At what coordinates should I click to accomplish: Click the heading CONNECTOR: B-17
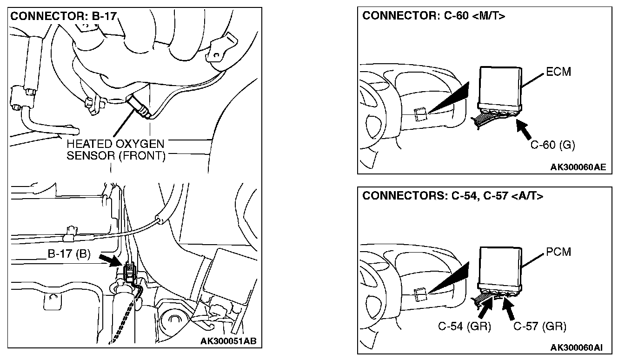pyautogui.click(x=63, y=16)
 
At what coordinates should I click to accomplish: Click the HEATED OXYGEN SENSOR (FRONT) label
pyautogui.click(x=116, y=149)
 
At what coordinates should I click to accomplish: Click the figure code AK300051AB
pyautogui.click(x=228, y=341)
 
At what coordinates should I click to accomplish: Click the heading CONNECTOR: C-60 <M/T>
pyautogui.click(x=433, y=16)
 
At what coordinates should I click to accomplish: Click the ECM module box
pyautogui.click(x=500, y=86)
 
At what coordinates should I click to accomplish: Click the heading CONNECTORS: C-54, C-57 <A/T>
pyautogui.click(x=452, y=196)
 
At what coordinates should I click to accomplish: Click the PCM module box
pyautogui.click(x=500, y=266)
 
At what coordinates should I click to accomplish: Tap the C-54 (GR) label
pyautogui.click(x=465, y=327)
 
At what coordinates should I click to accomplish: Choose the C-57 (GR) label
pyautogui.click(x=540, y=327)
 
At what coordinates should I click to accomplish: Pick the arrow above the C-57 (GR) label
pyautogui.click(x=511, y=308)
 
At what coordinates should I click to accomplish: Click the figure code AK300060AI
pyautogui.click(x=577, y=347)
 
